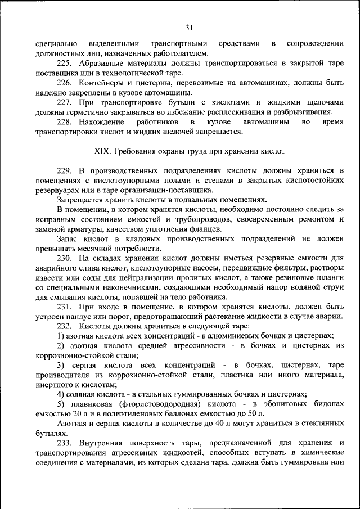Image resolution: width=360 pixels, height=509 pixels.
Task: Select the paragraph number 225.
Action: pyautogui.click(x=65, y=64)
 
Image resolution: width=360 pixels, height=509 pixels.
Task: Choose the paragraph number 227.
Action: pyautogui.click(x=65, y=103)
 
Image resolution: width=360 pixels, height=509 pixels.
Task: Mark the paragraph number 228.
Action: pyautogui.click(x=65, y=122)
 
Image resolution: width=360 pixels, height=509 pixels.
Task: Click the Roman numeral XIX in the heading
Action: pyautogui.click(x=100, y=151)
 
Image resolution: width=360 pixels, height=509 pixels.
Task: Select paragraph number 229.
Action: pyautogui.click(x=65, y=171)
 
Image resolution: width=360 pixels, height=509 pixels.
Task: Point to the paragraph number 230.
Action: pyautogui.click(x=65, y=258)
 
